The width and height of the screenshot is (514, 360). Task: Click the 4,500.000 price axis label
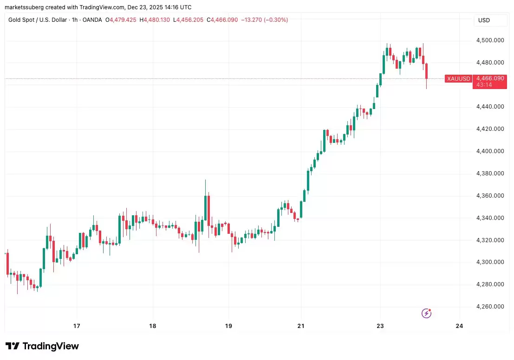coord(490,40)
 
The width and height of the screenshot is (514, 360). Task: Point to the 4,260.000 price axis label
coord(490,307)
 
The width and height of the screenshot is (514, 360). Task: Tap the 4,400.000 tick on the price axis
coord(490,151)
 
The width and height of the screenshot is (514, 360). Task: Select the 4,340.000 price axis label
coord(490,218)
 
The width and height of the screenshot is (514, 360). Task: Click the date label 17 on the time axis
coord(77,326)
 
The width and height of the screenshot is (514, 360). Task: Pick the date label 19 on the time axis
coord(228,326)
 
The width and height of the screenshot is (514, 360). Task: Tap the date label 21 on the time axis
coord(301,326)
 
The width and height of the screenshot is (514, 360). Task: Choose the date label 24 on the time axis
coord(460,326)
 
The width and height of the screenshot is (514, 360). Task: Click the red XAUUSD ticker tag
coord(458,79)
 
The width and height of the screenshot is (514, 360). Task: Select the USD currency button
coord(484,20)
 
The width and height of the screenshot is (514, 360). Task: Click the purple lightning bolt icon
coord(426,314)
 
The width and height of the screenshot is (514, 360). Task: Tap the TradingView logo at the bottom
coord(42,346)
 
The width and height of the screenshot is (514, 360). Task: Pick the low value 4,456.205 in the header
coord(189,20)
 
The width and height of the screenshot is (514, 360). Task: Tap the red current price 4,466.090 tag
coord(490,78)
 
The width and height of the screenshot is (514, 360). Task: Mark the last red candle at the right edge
coord(427,72)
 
